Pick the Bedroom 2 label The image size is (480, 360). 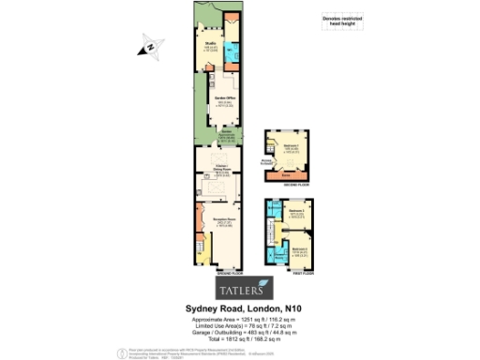point(296,214)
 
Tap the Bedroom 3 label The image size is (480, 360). point(296,248)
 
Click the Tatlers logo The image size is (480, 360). point(240,287)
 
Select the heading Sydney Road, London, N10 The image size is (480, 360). point(240,306)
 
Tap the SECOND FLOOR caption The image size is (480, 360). point(287,185)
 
